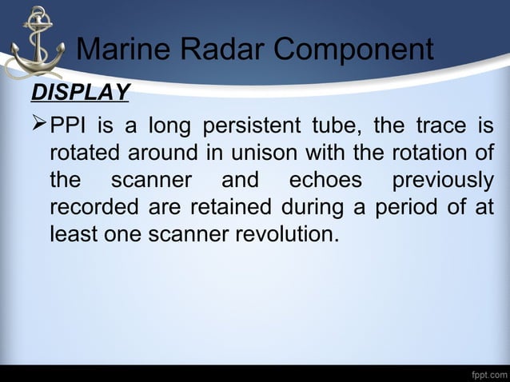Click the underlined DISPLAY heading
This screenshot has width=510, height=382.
(x=79, y=93)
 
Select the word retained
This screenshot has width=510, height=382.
(x=221, y=209)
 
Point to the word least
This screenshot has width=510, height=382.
(x=74, y=236)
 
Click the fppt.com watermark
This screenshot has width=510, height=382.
(x=488, y=373)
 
